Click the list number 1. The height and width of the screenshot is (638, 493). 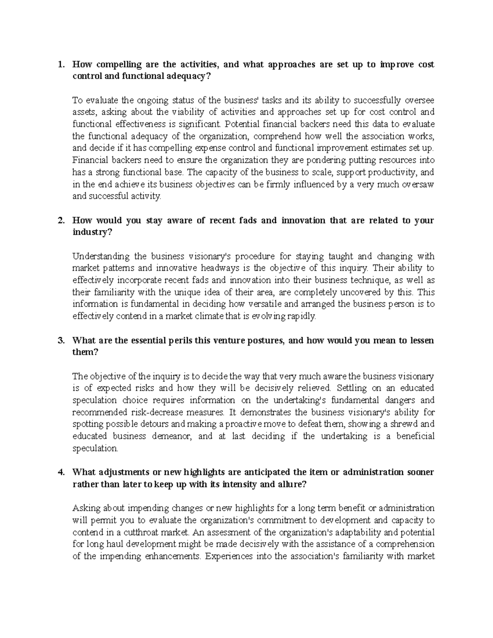[61, 64]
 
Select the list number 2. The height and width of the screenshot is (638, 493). [61, 221]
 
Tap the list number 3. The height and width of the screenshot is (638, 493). [61, 341]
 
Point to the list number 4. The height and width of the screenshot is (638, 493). [61, 472]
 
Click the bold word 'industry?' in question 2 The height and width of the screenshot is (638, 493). [92, 233]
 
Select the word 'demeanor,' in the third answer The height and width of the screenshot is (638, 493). [172, 436]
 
